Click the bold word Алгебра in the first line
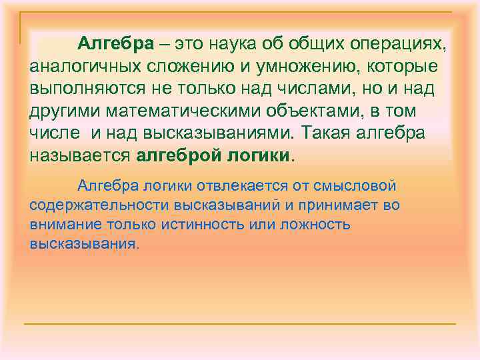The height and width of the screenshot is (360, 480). coord(115,45)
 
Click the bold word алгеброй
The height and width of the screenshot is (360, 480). coord(175,155)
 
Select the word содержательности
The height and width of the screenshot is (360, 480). coord(93,205)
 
